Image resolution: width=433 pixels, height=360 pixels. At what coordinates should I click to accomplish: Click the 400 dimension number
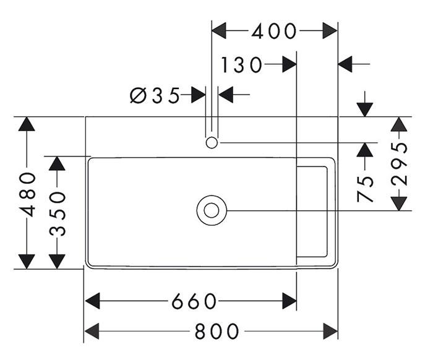coord(274,31)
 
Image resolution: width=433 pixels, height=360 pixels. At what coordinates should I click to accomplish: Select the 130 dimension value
coord(241,65)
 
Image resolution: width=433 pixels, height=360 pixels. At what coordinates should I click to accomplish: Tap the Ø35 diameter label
coord(155,95)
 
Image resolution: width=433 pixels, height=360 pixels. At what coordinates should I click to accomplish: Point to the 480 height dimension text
coord(28,195)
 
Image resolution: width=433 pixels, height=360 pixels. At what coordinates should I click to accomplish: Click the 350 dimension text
coord(58,214)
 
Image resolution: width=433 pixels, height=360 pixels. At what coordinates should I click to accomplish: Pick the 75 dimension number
coord(365,189)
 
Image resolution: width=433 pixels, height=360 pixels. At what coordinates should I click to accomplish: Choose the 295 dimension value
coord(400,164)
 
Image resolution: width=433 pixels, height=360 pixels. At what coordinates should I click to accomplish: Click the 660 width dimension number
coord(194,301)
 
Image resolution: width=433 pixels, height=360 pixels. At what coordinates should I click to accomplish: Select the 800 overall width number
coord(216,332)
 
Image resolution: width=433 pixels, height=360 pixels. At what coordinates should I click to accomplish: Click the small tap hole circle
coord(212,143)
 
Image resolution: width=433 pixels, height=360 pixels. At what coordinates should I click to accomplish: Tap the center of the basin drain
coord(212,210)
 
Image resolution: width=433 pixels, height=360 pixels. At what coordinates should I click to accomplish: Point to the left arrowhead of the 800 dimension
coord(92,332)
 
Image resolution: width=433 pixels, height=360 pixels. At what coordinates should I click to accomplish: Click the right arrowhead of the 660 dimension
coord(289,301)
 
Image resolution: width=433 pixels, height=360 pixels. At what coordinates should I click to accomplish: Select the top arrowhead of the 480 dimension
coord(27,124)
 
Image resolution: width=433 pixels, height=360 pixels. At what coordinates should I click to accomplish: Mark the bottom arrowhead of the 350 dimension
coord(57,262)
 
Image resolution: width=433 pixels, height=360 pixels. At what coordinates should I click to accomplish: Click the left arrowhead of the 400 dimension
coord(219,31)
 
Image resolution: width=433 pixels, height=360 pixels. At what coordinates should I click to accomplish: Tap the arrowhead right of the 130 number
coord(289,64)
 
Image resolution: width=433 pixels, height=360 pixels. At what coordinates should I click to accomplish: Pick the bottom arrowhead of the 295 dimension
coord(399,204)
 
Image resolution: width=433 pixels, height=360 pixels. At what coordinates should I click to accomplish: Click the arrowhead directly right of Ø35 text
coord(199,95)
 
